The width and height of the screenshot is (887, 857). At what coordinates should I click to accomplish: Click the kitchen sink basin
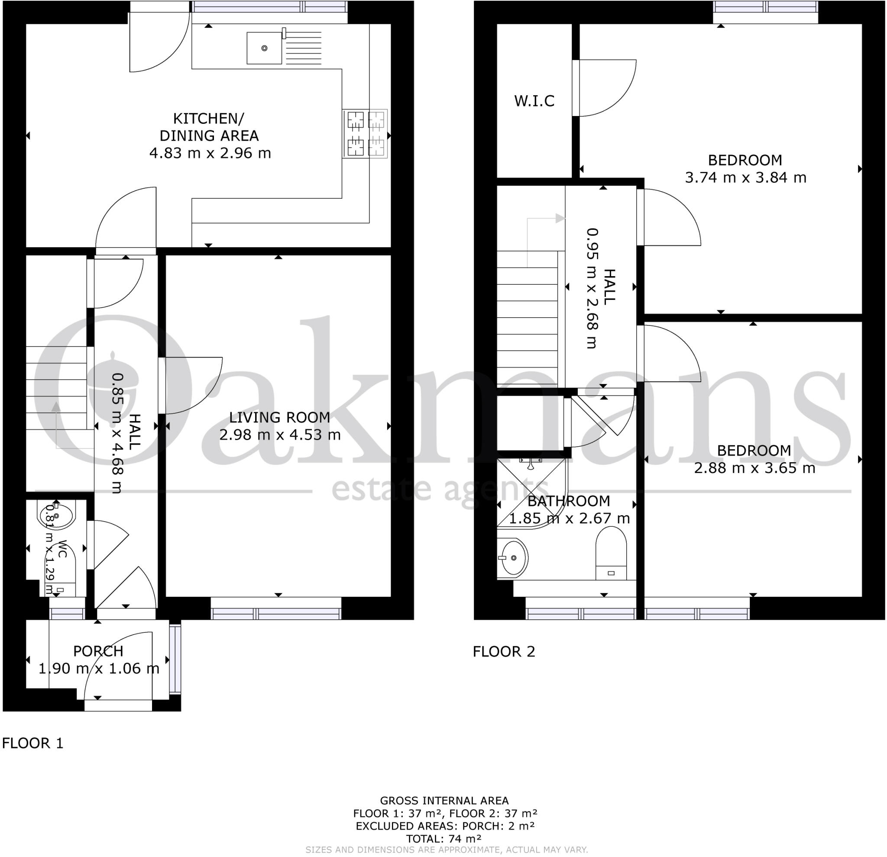click(x=264, y=48)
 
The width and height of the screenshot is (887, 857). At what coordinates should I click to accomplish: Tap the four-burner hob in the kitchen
click(x=365, y=134)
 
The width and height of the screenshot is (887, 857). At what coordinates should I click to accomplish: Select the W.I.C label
click(x=534, y=101)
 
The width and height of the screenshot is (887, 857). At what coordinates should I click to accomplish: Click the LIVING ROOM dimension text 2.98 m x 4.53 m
click(x=280, y=435)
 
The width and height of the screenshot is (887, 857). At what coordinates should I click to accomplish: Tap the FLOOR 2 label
click(x=504, y=652)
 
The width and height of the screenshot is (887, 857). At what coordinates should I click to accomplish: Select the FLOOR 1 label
click(x=32, y=743)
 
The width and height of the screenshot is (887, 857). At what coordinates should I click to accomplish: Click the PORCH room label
click(x=98, y=651)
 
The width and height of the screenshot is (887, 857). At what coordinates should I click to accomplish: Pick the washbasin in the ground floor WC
click(x=57, y=516)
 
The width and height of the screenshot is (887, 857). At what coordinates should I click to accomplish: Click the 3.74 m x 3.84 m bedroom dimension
click(x=745, y=177)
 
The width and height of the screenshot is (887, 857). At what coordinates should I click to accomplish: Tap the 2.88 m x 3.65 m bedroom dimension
click(x=754, y=467)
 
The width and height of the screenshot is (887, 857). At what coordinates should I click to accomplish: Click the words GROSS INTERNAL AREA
click(x=444, y=801)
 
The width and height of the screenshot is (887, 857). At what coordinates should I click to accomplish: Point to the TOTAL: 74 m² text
click(x=444, y=839)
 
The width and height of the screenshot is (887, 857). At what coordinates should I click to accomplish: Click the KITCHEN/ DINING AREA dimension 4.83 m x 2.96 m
click(x=210, y=153)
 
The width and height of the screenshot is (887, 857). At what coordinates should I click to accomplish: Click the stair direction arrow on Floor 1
click(x=56, y=407)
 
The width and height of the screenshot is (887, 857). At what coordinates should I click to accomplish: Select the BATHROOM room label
click(x=568, y=501)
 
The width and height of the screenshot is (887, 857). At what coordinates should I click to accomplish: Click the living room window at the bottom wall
click(x=276, y=613)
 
